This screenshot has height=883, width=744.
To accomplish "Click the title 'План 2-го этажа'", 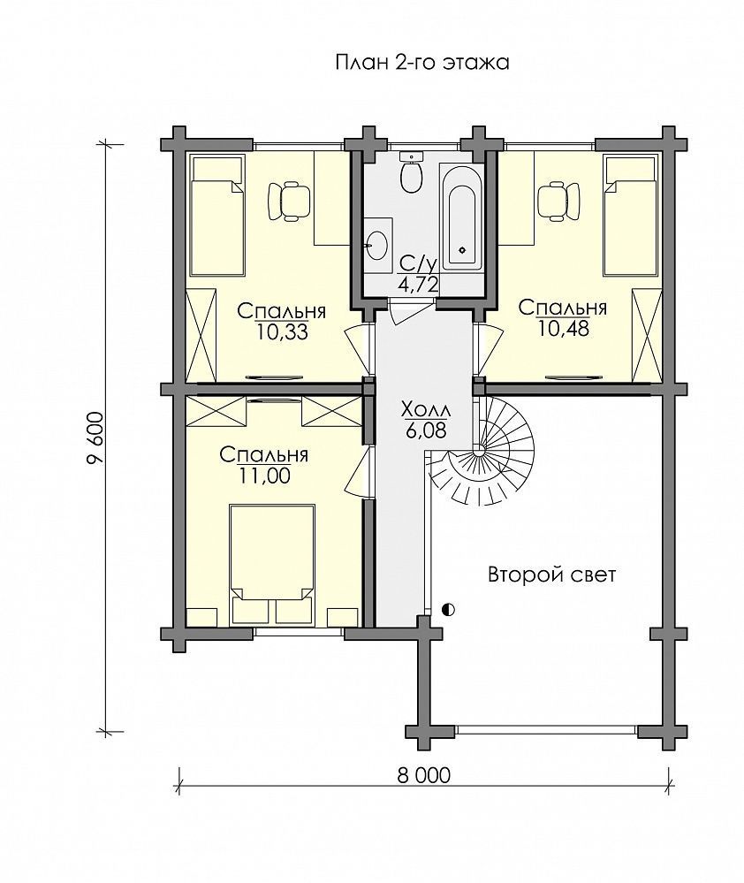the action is [422, 62].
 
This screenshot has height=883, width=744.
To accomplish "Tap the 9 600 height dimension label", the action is [95, 438].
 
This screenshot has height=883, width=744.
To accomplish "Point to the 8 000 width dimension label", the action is [424, 775].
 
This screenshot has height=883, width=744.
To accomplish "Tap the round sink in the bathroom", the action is [376, 245].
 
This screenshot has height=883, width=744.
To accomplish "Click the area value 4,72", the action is [418, 284].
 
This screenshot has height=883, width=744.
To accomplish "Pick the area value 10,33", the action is [283, 332].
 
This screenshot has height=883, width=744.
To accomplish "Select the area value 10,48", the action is [564, 328].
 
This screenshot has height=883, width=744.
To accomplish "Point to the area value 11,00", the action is [264, 476].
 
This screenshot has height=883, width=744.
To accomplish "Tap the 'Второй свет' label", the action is [552, 575].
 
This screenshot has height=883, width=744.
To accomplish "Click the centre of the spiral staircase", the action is [479, 451].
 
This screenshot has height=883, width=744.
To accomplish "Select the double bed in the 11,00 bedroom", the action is [272, 564].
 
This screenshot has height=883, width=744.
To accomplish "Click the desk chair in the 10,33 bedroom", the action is [289, 200].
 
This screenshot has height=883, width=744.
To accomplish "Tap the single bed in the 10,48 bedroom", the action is [630, 216].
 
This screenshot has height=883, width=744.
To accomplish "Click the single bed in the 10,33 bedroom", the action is [217, 216].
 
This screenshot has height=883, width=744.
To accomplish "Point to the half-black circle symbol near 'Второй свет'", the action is [449, 609].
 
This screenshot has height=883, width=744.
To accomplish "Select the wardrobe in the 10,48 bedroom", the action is [646, 334].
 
